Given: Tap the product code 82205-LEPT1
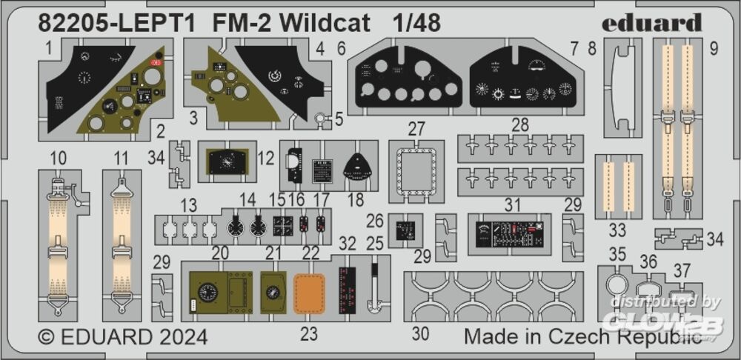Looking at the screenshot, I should [118, 23].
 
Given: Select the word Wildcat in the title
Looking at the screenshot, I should [339, 23].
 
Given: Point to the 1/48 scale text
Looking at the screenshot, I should [416, 23].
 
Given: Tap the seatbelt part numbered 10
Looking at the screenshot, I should [59, 244].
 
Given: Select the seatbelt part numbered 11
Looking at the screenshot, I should [122, 244].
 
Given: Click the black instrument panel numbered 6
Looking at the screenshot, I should [398, 79].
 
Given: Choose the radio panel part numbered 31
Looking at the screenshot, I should [509, 233].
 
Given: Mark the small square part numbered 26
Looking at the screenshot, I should [405, 230].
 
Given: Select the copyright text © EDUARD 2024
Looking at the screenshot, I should [123, 337].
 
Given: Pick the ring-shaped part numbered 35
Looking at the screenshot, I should [617, 285].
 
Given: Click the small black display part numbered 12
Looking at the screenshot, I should [227, 161].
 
